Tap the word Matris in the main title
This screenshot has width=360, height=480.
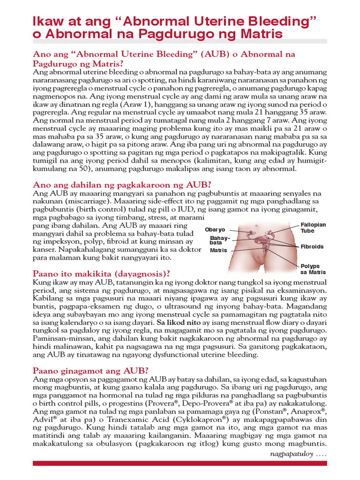tap(257, 34)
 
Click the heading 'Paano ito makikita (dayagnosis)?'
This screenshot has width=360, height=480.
tap(101, 273)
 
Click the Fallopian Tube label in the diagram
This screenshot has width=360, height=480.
tap(313, 228)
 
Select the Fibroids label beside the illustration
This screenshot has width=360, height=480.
tap(312, 247)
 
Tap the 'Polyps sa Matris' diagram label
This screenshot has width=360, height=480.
tap(313, 269)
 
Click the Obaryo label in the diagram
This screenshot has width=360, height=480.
tap(215, 230)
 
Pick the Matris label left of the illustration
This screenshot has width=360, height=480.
tap(218, 250)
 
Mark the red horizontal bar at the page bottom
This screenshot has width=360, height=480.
tap(180, 464)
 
